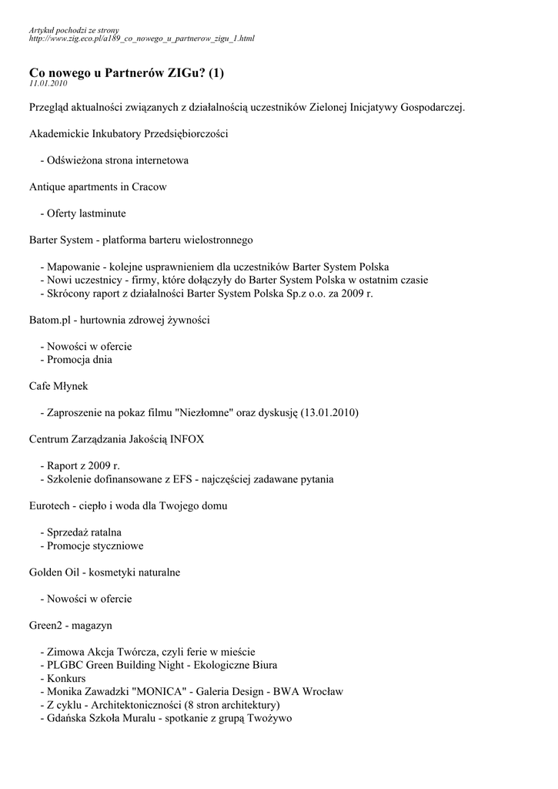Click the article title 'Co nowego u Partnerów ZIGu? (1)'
[126, 72]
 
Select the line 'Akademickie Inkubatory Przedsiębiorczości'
[129, 133]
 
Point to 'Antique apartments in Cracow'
[98, 186]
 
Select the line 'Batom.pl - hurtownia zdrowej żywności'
[119, 319]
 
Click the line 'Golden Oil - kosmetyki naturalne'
[105, 572]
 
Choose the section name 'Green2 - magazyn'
[70, 625]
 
